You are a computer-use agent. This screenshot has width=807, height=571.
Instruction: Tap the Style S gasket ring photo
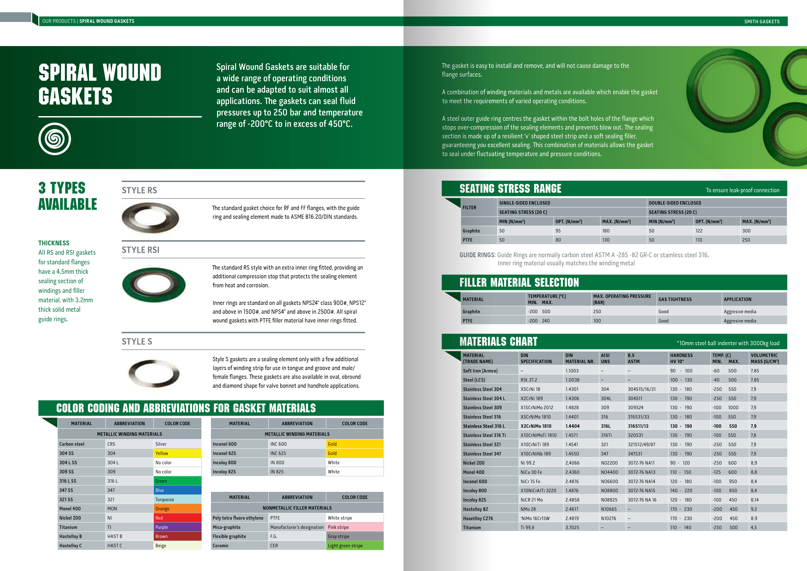tap(154, 373)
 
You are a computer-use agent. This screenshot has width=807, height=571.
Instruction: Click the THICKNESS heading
tap(54, 243)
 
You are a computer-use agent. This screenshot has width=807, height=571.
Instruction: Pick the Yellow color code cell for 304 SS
tap(177, 453)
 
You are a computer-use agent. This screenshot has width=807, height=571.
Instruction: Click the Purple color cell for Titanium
tap(177, 527)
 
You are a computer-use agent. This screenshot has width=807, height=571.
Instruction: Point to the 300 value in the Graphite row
tap(746, 231)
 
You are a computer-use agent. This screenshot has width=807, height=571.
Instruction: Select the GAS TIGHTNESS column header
tap(675, 299)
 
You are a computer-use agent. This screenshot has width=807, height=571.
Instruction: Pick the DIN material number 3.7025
tap(572, 527)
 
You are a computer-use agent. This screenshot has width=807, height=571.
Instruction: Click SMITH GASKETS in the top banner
tap(762, 21)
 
